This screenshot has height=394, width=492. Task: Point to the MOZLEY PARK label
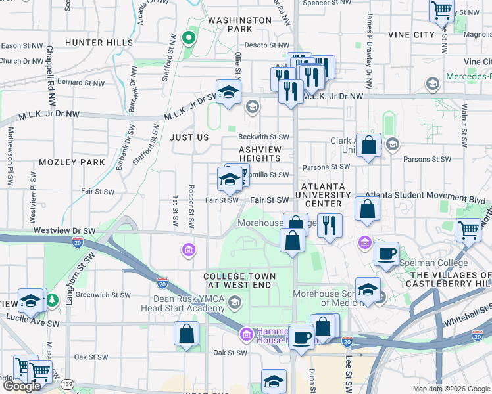pos(72,162)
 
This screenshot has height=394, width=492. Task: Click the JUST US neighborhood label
pos(189,138)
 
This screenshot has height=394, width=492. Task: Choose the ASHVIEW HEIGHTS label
pos(260,154)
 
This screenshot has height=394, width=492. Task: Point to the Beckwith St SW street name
pos(264,137)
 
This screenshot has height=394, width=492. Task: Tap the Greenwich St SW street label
pos(103,295)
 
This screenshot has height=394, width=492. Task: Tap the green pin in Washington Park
pos(189,37)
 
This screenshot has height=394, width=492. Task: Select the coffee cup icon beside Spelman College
pos(386,253)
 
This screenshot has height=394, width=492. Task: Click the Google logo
pos(22,386)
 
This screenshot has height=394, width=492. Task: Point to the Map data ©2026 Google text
pos(451,389)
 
